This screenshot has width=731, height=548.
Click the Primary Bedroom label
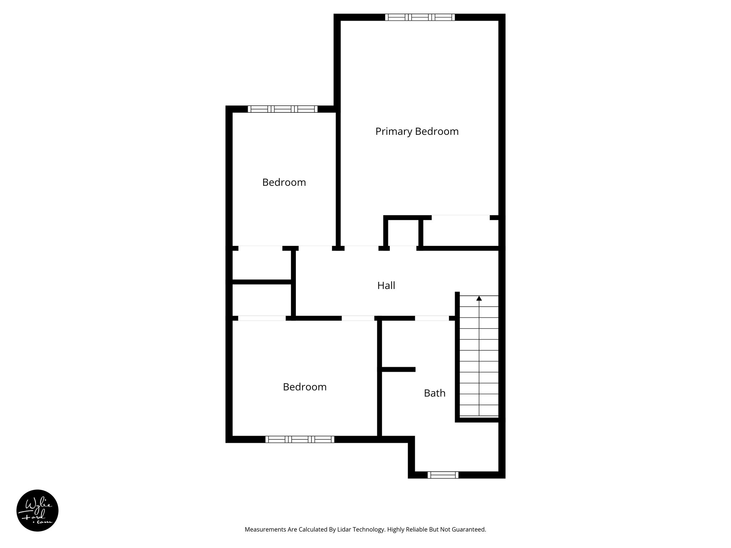(x=417, y=132)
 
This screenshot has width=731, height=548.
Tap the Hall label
(x=386, y=285)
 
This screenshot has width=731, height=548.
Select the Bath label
(x=434, y=393)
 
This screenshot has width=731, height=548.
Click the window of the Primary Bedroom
(x=420, y=17)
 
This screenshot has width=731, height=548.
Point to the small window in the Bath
(x=443, y=475)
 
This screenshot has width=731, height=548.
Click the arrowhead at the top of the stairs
(x=479, y=298)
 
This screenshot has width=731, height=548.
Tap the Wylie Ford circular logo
(x=37, y=511)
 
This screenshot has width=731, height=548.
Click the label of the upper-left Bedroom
(x=284, y=183)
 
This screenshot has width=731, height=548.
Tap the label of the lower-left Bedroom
(x=304, y=387)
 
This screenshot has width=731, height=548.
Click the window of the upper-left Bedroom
(x=282, y=109)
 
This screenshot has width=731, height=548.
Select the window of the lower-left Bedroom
(x=300, y=439)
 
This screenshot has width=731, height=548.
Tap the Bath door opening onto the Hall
(x=432, y=318)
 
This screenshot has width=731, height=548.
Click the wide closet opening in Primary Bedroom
(x=460, y=218)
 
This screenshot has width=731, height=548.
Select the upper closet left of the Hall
(x=262, y=265)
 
